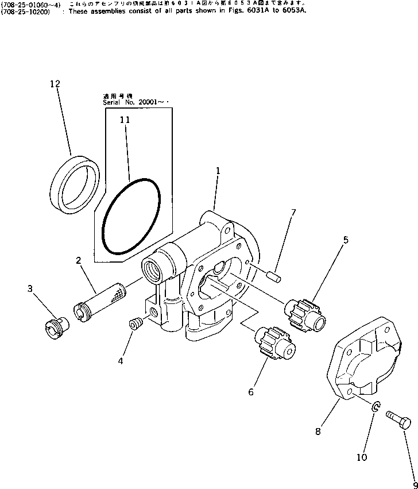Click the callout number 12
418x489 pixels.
(x=55, y=84)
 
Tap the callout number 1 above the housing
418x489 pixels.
(x=218, y=171)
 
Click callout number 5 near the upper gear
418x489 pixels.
(x=345, y=240)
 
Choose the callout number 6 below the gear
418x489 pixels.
(x=250, y=392)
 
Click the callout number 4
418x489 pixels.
(x=120, y=361)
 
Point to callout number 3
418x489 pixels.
(x=30, y=288)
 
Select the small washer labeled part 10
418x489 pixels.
(x=374, y=407)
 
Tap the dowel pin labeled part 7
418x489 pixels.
(x=273, y=276)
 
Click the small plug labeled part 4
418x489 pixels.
(x=136, y=324)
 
